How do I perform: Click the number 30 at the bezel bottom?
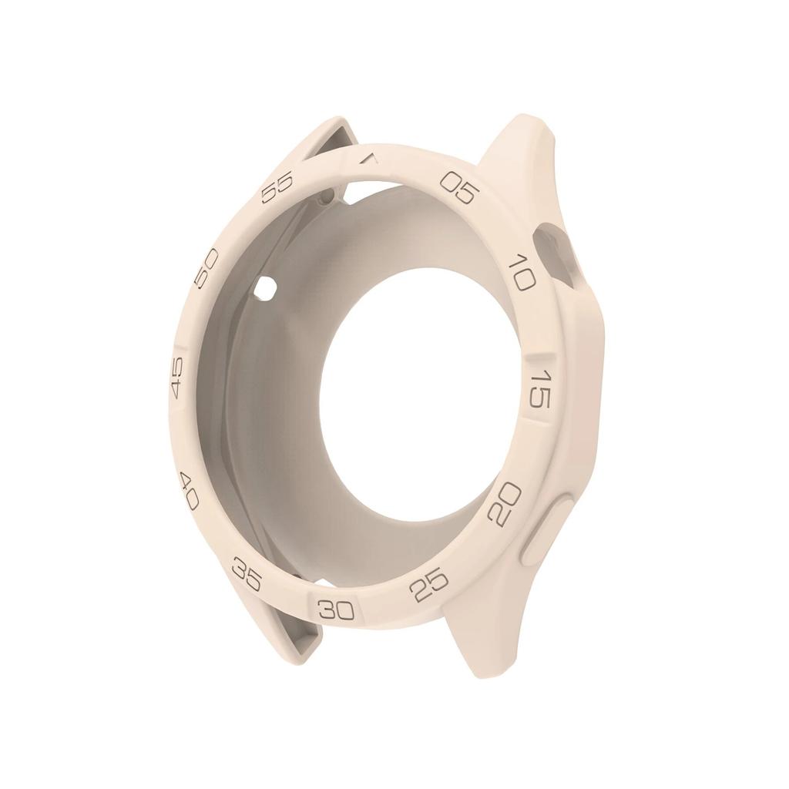(x=337, y=611)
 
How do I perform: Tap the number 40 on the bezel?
(x=188, y=491)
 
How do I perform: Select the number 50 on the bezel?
(x=206, y=269)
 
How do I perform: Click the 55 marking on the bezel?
(x=277, y=187)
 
